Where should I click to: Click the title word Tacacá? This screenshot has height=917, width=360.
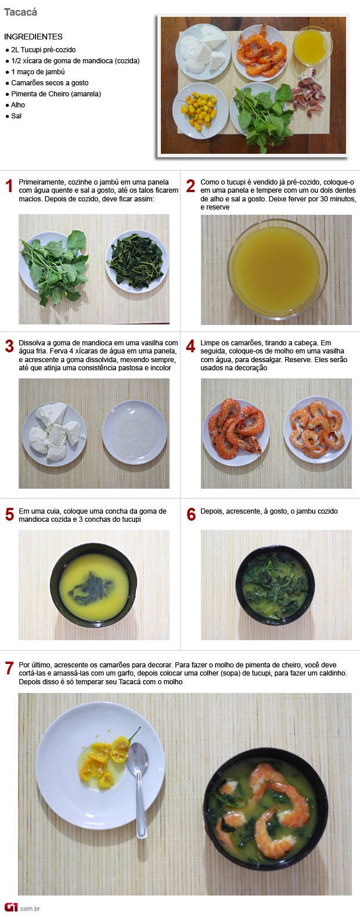(x=20, y=12)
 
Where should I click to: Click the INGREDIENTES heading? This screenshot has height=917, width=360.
(x=33, y=37)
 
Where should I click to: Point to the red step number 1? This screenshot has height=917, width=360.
(x=9, y=186)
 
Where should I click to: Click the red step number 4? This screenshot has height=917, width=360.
(x=190, y=346)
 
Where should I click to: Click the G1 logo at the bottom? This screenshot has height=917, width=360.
(x=11, y=908)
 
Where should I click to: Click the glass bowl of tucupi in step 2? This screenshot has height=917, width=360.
(x=278, y=268)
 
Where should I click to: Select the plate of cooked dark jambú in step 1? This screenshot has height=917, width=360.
(x=137, y=261)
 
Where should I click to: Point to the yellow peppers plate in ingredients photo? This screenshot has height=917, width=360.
(x=200, y=110)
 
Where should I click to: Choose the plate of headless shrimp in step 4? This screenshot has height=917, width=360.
(x=317, y=430)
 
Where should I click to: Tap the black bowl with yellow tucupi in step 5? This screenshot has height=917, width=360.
(x=93, y=585)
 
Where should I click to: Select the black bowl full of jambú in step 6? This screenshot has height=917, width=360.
(x=275, y=584)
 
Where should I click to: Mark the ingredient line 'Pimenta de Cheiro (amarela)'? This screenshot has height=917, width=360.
(x=56, y=94)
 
